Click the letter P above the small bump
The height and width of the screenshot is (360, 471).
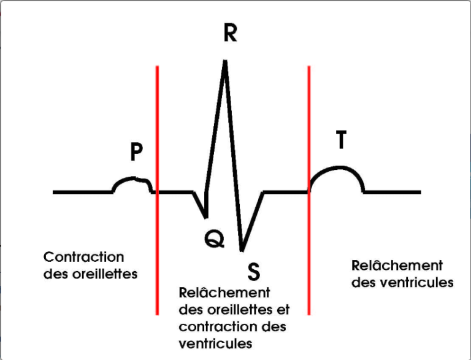pos(136,152)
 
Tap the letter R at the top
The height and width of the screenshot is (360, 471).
pos(230,33)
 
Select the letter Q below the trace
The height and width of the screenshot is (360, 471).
pos(214,239)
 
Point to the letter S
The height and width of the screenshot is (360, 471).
pos(254,269)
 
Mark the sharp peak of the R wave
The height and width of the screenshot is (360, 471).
pos(226,61)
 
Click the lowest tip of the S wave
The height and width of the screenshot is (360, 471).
pos(242,250)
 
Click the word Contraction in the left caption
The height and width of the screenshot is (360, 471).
pos(84,257)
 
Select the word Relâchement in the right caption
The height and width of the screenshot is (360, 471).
pos(397,266)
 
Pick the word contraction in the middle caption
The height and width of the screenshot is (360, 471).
pos(219,327)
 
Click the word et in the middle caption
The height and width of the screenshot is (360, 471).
pos(284,310)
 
